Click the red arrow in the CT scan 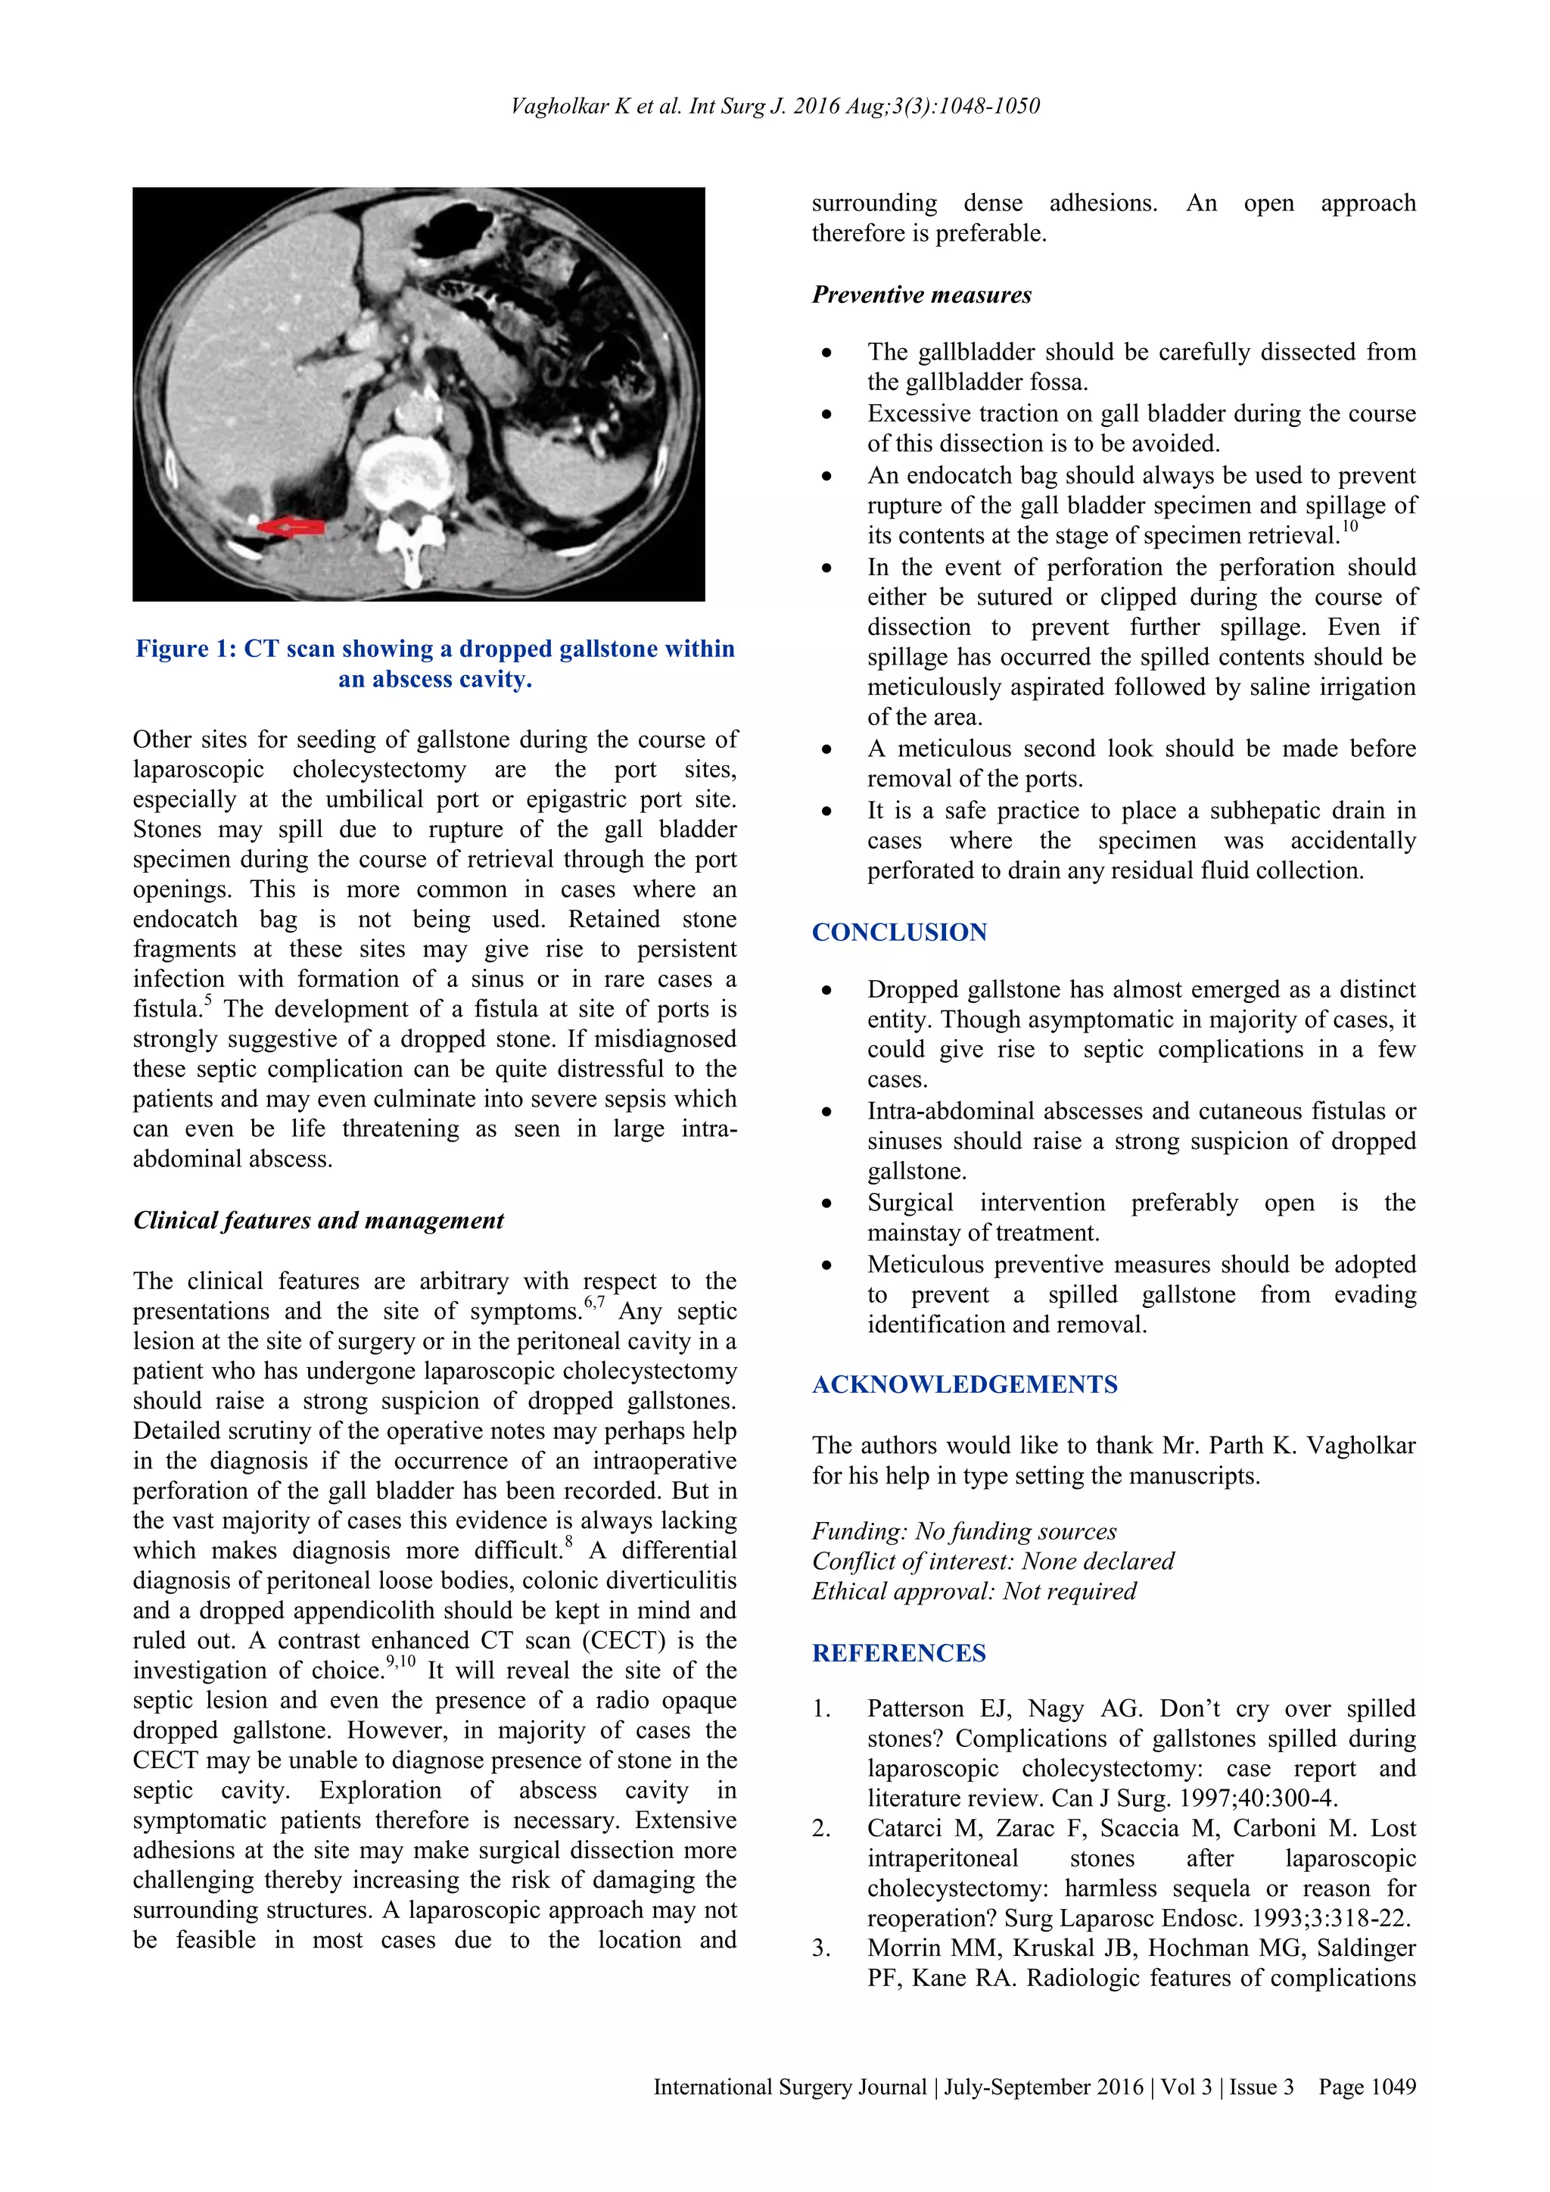point(293,526)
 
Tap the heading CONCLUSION point(899,932)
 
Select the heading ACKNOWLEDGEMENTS point(964,1384)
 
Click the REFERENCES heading point(898,1654)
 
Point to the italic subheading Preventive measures point(921,295)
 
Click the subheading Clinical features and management point(318,1220)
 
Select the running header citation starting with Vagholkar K point(774,106)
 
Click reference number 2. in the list point(821,1829)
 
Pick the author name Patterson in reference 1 point(915,1709)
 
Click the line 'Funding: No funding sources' point(964,1531)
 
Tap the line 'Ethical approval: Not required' point(973,1592)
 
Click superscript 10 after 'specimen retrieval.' point(1349,526)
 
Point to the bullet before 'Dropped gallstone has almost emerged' point(826,992)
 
